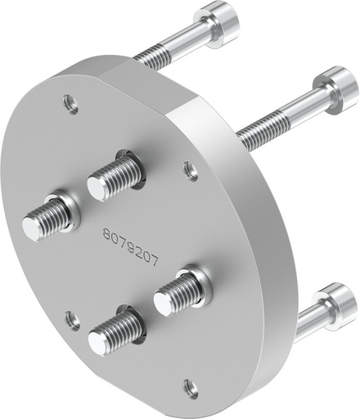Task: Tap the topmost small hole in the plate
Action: click(70, 103)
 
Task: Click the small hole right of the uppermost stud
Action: click(191, 170)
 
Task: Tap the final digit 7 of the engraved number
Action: click(154, 262)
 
